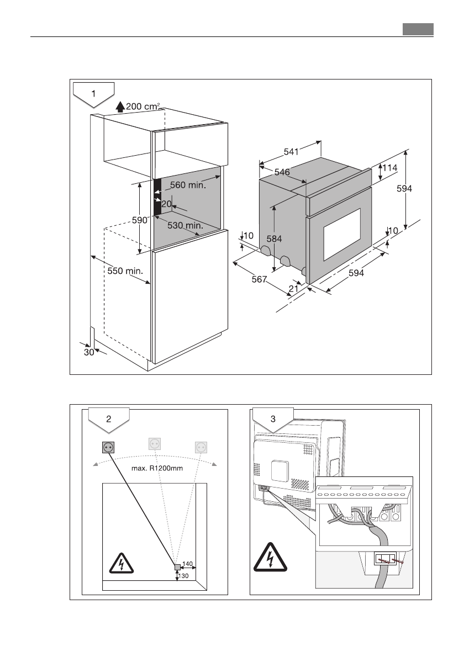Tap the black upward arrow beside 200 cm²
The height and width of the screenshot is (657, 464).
pyautogui.click(x=120, y=107)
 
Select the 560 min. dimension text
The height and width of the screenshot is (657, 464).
pyautogui.click(x=188, y=186)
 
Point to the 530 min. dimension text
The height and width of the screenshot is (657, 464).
pyautogui.click(x=186, y=225)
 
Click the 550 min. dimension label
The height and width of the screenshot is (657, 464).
pyautogui.click(x=125, y=271)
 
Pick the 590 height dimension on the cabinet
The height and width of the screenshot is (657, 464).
pyautogui.click(x=140, y=220)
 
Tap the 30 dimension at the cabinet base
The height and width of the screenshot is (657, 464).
pyautogui.click(x=89, y=353)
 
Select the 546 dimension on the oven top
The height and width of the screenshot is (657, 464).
pyautogui.click(x=282, y=172)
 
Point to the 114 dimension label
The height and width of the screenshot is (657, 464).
pyautogui.click(x=390, y=167)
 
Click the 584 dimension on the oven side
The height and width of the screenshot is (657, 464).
pyautogui.click(x=275, y=239)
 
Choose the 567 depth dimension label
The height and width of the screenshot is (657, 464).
pyautogui.click(x=259, y=280)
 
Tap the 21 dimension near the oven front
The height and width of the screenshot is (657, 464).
pyautogui.click(x=293, y=288)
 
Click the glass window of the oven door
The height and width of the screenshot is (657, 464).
pyautogui.click(x=342, y=235)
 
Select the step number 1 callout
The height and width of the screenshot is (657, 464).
pyautogui.click(x=93, y=93)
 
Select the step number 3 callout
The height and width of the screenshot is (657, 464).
pyautogui.click(x=273, y=419)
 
